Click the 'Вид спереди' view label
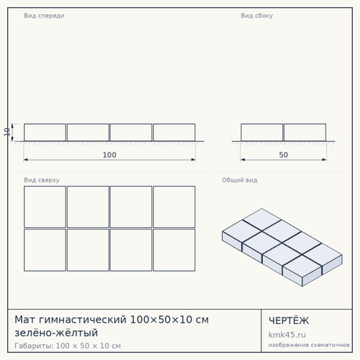pos(44,16)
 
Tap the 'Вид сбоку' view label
pos(257,16)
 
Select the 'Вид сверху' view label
pos(42,180)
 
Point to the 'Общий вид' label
pos(240,180)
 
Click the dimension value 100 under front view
pos(109,155)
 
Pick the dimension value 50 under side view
pos(284,155)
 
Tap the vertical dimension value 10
pos(6,132)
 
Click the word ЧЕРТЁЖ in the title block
pos(289,320)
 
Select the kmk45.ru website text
pos(287,335)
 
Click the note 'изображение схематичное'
pos(309,345)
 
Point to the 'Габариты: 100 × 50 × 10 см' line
pos(68,346)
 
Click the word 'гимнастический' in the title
pos(82,320)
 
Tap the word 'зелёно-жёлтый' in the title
pos(56,333)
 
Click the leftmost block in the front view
pos(45,132)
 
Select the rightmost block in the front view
pos(174,132)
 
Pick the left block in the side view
pos(262,132)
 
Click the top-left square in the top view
pos(45,207)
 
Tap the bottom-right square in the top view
pos(174,250)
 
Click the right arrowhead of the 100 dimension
pos(194,160)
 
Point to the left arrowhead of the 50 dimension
pos(243,160)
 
